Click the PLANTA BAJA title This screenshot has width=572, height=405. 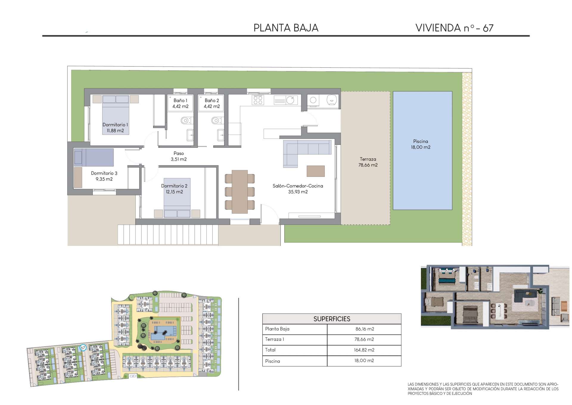286,28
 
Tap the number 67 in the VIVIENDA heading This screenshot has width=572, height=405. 488,28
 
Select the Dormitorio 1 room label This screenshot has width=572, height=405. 115,125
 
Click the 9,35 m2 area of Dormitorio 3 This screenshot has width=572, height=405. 104,179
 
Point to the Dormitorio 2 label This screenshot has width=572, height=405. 174,186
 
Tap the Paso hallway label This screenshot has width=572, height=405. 179,153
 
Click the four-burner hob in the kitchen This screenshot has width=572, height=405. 258,100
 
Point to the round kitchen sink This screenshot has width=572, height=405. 290,100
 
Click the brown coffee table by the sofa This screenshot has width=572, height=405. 315,171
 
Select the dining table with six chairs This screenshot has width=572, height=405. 240,192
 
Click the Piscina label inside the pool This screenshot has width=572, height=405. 421,141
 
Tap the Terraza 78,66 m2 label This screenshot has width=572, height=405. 368,162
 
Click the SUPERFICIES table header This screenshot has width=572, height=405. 332,319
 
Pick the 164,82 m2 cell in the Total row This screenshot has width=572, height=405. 364,350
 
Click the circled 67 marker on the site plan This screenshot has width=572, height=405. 83,348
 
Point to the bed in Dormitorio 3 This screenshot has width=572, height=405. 94,157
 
